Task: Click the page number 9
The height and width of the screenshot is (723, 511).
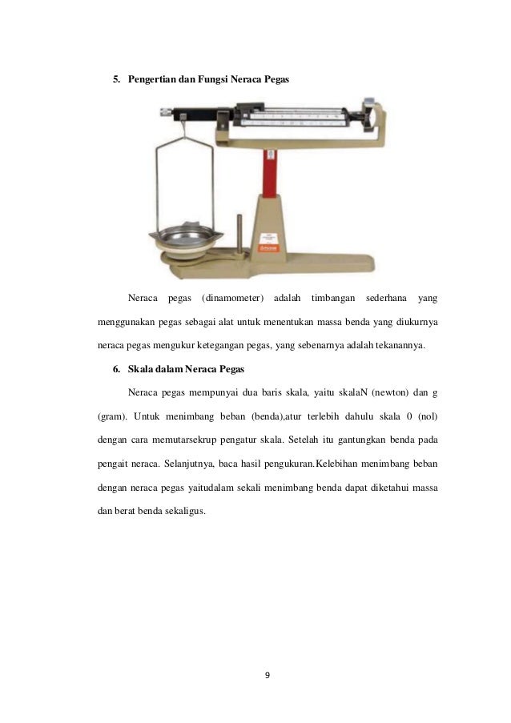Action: (268, 675)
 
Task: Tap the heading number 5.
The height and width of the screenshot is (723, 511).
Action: (114, 81)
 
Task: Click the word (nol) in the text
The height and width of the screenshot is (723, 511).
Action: (426, 416)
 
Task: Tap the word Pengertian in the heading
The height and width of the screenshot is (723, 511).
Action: (153, 81)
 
